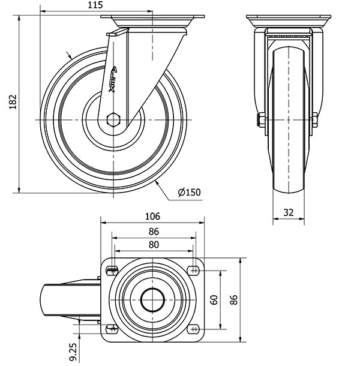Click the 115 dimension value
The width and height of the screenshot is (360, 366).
[x=95, y=5]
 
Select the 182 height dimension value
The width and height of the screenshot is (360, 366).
[x=13, y=102]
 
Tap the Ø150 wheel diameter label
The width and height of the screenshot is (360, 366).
[x=189, y=192]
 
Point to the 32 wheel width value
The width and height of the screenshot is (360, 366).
[x=289, y=212]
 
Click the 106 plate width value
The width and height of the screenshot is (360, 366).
[x=152, y=217]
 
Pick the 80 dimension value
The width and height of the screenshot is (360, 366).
[x=154, y=245]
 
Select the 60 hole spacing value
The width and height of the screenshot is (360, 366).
[x=214, y=300]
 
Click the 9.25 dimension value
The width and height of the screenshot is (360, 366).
[x=73, y=352]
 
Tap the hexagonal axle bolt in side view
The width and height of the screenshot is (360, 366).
[x=113, y=120]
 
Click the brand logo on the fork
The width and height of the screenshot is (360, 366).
[x=113, y=79]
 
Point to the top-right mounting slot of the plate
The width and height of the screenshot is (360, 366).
[x=194, y=271]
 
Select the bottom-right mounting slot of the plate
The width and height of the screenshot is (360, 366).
[x=194, y=329]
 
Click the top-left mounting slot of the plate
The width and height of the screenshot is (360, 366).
[x=112, y=271]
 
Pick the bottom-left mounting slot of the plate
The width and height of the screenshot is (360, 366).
[x=112, y=329]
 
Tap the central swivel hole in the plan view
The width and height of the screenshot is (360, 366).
[x=152, y=300]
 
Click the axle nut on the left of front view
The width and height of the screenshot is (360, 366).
[x=262, y=120]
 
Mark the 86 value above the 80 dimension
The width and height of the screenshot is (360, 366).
[x=154, y=232]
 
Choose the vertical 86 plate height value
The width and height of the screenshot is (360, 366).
[x=233, y=300]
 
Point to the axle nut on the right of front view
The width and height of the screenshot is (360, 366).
[x=315, y=120]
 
